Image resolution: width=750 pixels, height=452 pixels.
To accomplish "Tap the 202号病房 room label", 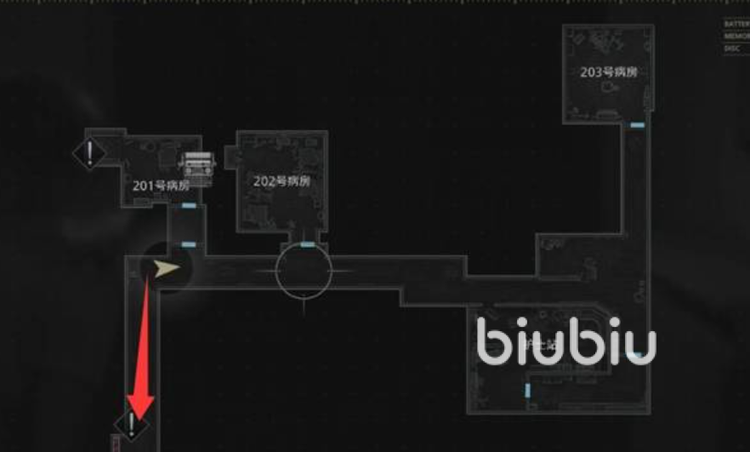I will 281,181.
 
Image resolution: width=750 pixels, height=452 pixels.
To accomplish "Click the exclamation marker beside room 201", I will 89,154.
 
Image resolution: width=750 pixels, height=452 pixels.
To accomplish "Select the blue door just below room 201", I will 189,206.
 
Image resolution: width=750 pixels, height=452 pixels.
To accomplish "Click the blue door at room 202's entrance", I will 306,244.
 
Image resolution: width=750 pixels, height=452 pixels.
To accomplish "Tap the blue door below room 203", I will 637,125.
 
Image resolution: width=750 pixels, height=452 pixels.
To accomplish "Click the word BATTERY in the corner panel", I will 736,25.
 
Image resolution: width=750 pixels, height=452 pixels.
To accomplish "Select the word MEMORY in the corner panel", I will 736,37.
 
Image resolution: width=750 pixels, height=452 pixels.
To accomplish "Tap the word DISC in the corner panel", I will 732,49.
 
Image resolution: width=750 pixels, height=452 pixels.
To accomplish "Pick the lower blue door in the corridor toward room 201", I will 189,245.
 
